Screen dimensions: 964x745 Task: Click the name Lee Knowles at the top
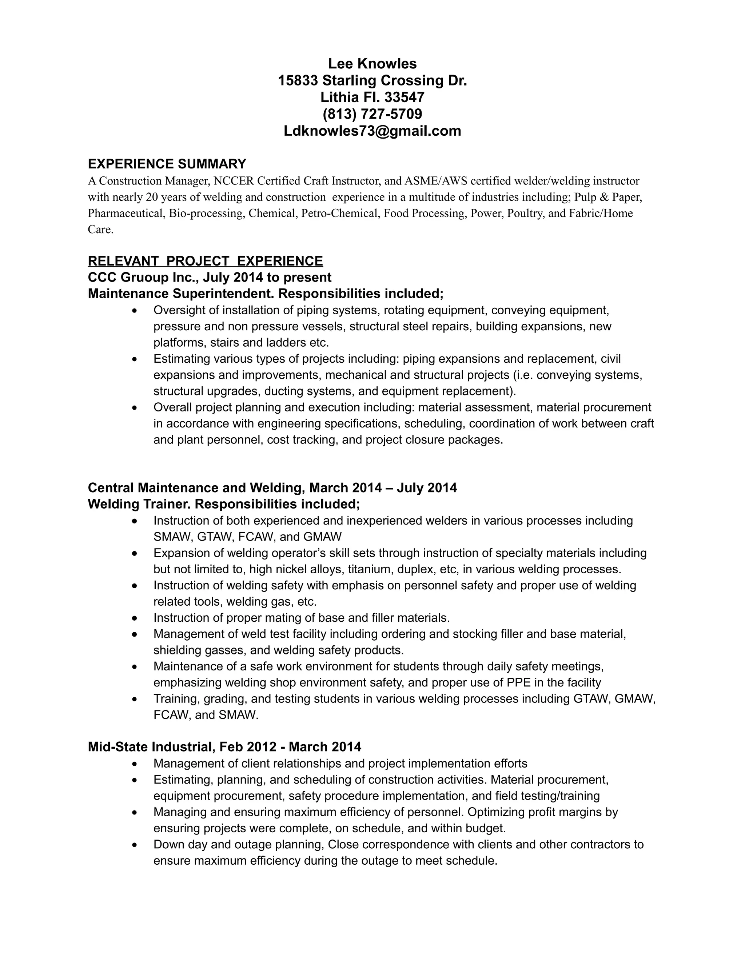point(372,64)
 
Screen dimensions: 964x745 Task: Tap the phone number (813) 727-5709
point(372,114)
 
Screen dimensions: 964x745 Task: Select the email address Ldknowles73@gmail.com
point(372,131)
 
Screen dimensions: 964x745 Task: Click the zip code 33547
point(404,97)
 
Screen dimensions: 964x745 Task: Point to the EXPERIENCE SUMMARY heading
point(167,164)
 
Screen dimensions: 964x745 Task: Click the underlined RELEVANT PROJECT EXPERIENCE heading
point(205,261)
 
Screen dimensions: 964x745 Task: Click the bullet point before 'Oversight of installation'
point(135,311)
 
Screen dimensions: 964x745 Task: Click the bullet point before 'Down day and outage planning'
point(135,845)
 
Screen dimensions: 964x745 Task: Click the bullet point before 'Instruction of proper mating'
point(135,618)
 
